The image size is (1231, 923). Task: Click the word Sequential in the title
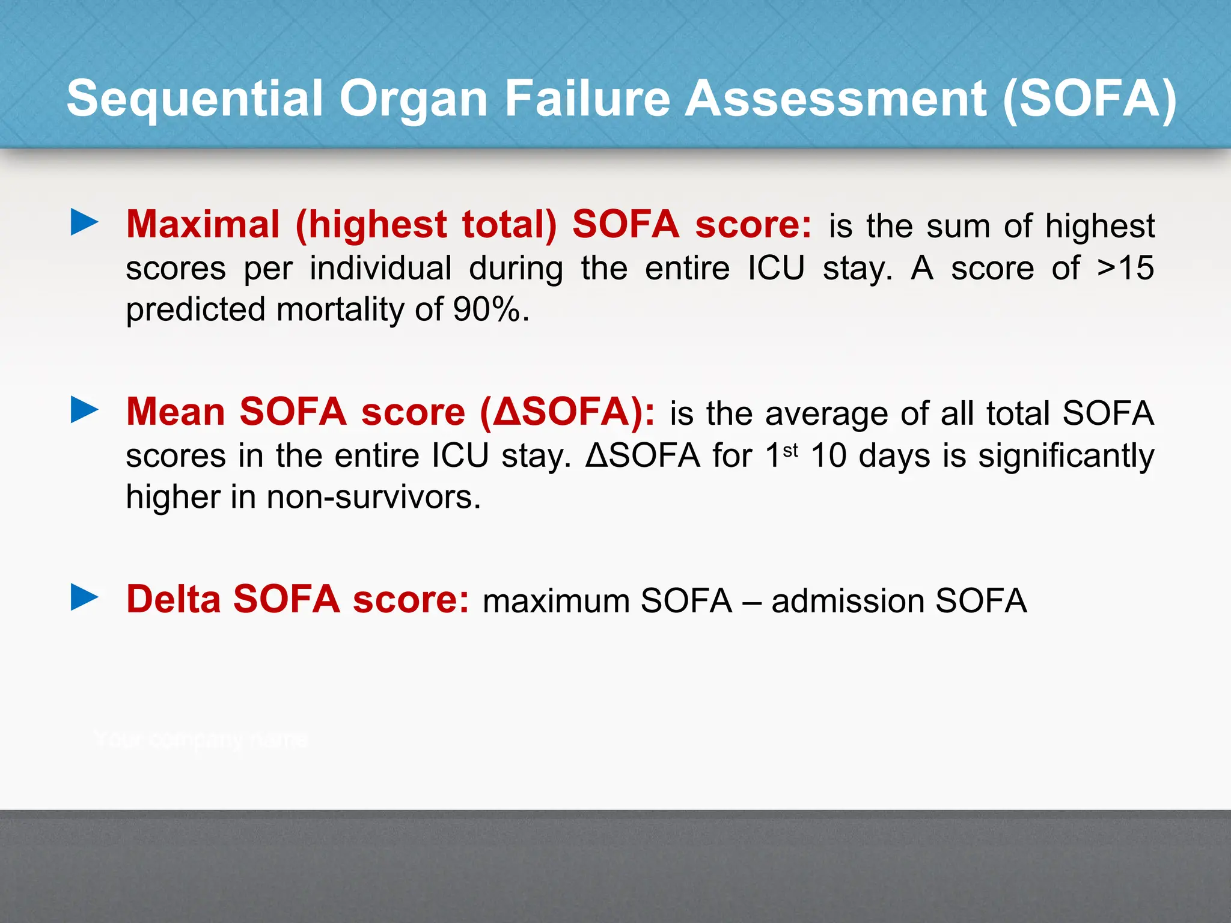pyautogui.click(x=195, y=99)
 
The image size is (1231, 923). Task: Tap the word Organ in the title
pyautogui.click(x=414, y=99)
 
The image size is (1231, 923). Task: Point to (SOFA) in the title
pyautogui.click(x=1090, y=99)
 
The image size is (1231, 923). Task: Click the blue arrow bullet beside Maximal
pyautogui.click(x=84, y=222)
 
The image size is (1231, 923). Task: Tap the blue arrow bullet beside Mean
pyautogui.click(x=84, y=410)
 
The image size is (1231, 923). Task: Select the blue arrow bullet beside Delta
pyautogui.click(x=84, y=597)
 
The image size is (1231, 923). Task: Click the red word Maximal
pyautogui.click(x=203, y=225)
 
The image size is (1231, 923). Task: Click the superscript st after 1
pyautogui.click(x=790, y=450)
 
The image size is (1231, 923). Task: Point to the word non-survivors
pyautogui.click(x=373, y=498)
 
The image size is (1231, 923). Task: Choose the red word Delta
pyautogui.click(x=174, y=600)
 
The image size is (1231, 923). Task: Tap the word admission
pyautogui.click(x=848, y=601)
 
